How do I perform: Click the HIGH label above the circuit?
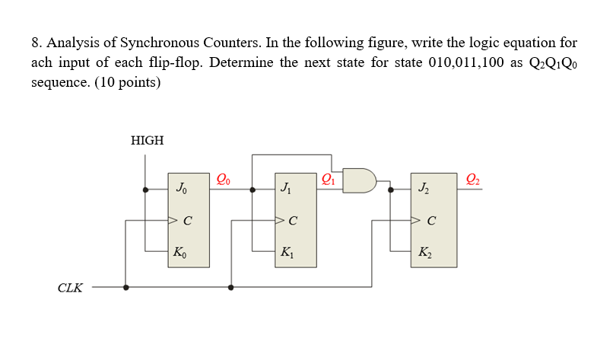coord(147,140)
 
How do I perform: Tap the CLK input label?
coord(70,288)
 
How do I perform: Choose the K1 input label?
coord(286,252)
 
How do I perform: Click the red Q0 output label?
coord(223,180)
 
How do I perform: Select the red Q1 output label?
coord(328,180)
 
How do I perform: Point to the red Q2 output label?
coord(472,180)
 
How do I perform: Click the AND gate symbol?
coord(360,181)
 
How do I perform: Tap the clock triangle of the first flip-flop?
coord(173,221)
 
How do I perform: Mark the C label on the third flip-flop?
coord(432,221)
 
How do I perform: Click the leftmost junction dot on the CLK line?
coord(126,288)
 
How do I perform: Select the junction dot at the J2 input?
coord(391,190)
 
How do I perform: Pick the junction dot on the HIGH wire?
coord(146,190)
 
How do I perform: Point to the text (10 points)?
coord(128,82)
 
